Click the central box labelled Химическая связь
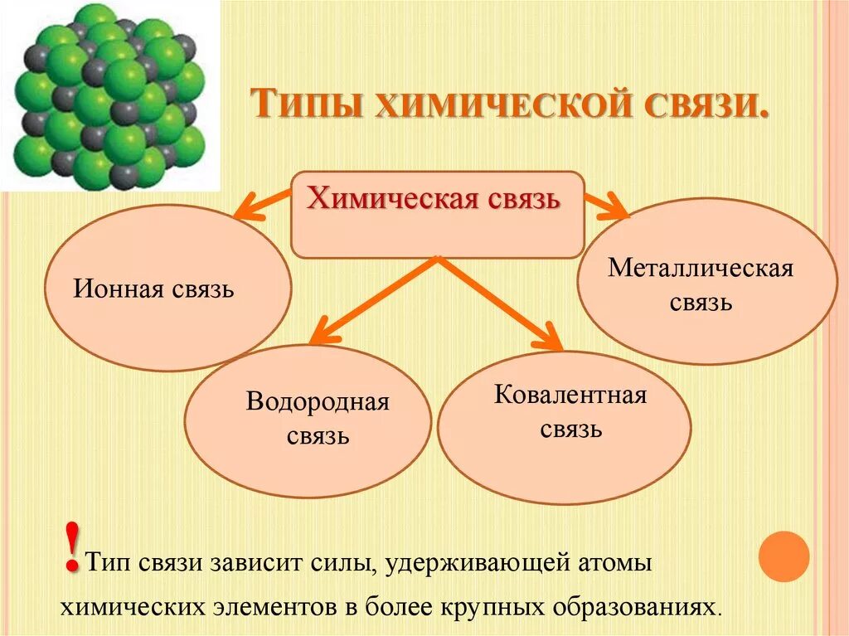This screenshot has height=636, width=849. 438,215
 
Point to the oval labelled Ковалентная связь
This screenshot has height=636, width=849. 564,428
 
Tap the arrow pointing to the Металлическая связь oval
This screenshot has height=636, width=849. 607,204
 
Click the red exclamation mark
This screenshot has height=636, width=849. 72,548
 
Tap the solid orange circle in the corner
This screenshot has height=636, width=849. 784,556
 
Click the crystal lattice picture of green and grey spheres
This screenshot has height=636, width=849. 109,95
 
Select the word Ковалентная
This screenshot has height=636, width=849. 570,395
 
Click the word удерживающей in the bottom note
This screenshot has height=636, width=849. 474,563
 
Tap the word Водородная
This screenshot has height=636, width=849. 318,403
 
